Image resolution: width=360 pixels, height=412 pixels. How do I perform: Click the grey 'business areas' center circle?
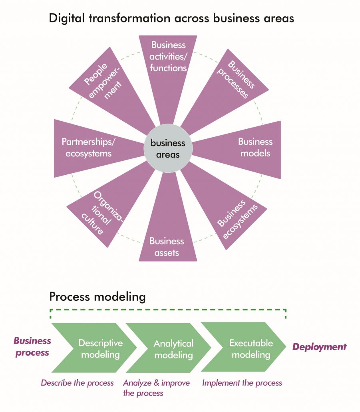[x=167, y=148]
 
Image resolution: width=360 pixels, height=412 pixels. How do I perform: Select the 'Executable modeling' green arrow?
[x=248, y=348]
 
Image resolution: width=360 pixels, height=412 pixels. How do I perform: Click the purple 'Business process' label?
[x=32, y=346]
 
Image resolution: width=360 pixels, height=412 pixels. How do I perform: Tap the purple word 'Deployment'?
[x=319, y=347]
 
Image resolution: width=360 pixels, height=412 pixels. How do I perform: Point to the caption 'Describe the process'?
[x=77, y=383]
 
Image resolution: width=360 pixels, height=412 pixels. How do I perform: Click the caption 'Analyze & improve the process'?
[x=156, y=388]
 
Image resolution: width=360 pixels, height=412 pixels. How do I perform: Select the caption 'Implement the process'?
[x=242, y=383]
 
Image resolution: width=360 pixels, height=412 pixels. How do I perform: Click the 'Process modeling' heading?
[x=97, y=297]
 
